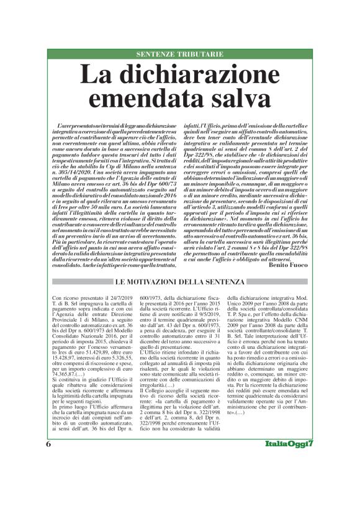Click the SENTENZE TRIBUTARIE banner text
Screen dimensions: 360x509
(179, 55)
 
